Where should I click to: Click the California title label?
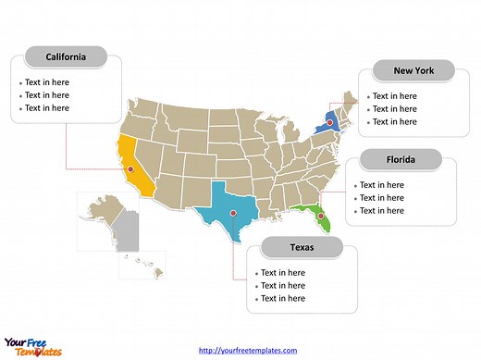pyautogui.click(x=66, y=57)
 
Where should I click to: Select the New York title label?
pyautogui.click(x=413, y=70)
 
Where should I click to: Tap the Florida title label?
pyautogui.click(x=401, y=160)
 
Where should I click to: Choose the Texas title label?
pyautogui.click(x=302, y=247)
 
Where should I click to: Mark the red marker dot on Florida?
pyautogui.click(x=323, y=218)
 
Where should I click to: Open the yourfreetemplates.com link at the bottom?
pyautogui.click(x=249, y=350)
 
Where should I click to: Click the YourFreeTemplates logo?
pyautogui.click(x=32, y=343)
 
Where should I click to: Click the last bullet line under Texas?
pyautogui.click(x=282, y=299)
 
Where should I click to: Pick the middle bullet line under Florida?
pyautogui.click(x=381, y=197)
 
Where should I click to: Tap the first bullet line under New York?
pyautogui.click(x=392, y=96)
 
